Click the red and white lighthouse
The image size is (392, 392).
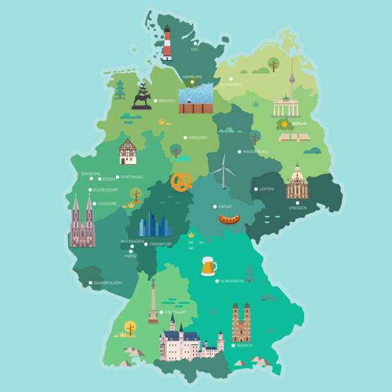167,44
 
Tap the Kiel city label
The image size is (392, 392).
195,49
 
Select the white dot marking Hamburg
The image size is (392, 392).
192,82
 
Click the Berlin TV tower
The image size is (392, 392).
291,80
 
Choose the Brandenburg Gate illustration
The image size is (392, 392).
286,108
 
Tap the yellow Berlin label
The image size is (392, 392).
299,123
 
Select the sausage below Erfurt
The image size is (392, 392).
229,220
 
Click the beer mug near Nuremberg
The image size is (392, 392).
208,266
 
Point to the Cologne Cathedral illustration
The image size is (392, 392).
83,221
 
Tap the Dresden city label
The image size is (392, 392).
297,208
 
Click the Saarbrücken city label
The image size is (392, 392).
108,282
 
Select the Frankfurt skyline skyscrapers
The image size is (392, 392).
156,224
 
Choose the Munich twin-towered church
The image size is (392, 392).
241,323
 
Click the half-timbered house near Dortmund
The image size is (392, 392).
127,152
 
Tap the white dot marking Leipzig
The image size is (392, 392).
254,189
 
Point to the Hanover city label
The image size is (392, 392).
198,137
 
